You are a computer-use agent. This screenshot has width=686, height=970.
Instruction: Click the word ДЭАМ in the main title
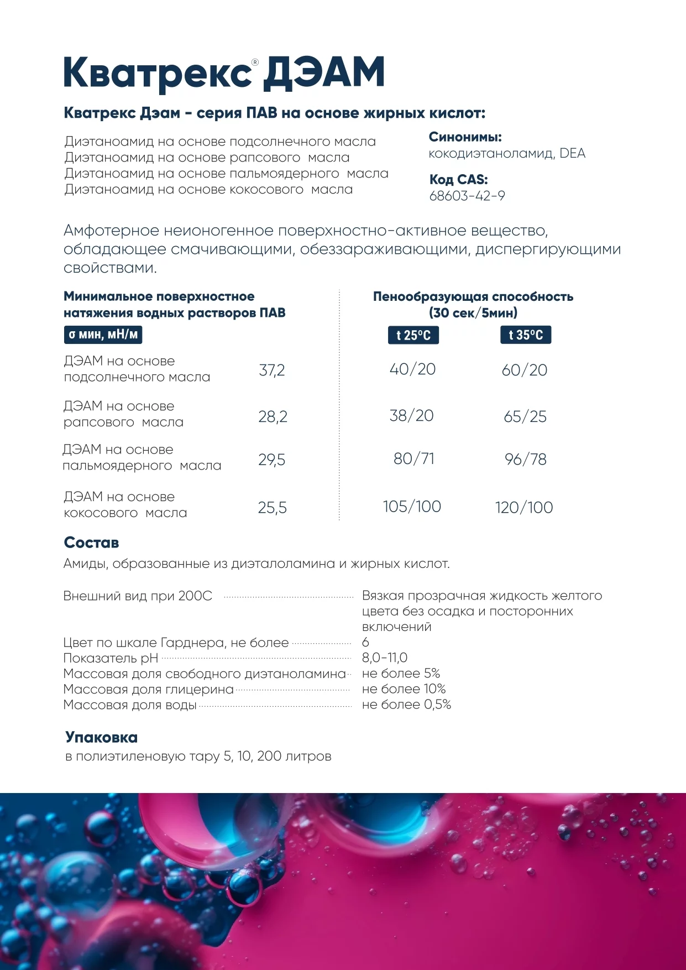[x=323, y=73]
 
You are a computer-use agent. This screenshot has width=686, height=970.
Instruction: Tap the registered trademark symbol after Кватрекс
[x=255, y=62]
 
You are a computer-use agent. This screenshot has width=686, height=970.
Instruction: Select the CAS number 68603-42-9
[x=467, y=196]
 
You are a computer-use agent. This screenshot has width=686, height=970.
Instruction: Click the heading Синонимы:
[x=465, y=137]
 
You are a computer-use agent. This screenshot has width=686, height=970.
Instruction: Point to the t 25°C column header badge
[x=413, y=335]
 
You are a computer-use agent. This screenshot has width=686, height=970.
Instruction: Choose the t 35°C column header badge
[x=526, y=335]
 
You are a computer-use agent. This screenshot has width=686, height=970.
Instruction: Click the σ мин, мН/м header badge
[x=103, y=335]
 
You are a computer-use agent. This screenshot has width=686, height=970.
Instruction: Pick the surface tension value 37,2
[x=272, y=370]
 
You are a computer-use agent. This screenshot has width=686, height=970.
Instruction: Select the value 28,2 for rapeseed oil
[x=273, y=416]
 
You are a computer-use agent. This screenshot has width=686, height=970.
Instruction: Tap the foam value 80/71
[x=414, y=458]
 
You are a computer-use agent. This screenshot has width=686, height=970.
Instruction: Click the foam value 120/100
[x=524, y=507]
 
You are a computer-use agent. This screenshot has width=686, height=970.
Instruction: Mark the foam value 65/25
[x=525, y=416]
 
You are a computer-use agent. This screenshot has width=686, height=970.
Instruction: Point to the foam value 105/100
[x=412, y=507]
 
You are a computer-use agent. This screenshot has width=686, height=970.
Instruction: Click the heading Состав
[x=91, y=543]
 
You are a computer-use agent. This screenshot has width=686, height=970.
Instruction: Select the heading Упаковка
[x=101, y=737]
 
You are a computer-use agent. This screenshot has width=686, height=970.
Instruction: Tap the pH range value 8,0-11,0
[x=385, y=658]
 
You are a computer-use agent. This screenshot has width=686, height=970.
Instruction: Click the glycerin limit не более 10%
[x=404, y=689]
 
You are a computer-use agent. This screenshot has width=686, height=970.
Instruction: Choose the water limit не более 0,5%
[x=406, y=704]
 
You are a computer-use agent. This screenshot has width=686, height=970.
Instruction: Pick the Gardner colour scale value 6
[x=365, y=642]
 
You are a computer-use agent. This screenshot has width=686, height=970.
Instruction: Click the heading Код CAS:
[x=458, y=180]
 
